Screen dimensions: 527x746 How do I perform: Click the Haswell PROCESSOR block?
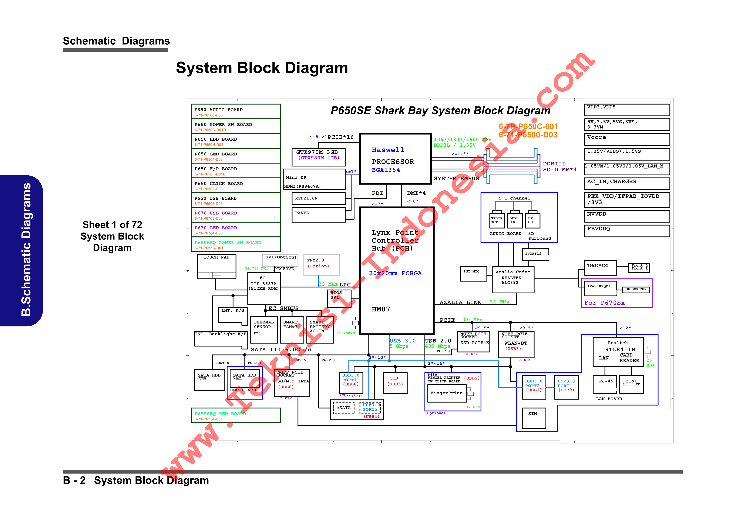point(395,159)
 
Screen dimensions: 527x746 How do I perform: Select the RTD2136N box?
point(318,198)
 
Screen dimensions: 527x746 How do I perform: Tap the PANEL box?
point(318,215)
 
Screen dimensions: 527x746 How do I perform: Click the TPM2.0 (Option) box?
point(321,265)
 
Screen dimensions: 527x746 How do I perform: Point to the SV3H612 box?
point(535,254)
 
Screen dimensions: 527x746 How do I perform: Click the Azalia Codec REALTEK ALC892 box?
point(513,280)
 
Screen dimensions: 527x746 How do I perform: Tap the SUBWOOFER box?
point(636,289)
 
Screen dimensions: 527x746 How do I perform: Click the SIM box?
point(534,418)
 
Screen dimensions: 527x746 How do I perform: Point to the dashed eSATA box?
point(343,408)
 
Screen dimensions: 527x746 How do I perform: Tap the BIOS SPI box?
point(339,298)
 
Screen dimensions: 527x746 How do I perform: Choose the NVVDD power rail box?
point(626,216)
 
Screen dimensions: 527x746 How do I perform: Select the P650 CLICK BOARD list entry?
point(236,185)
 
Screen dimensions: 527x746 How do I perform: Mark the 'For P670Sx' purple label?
point(604,303)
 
